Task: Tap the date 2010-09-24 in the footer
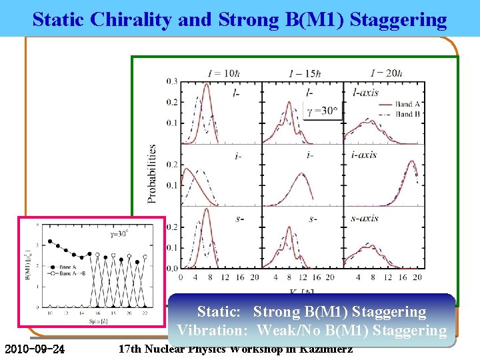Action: [x=35, y=349]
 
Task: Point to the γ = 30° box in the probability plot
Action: [x=323, y=111]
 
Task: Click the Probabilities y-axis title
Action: [x=153, y=173]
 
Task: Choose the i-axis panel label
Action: [x=364, y=155]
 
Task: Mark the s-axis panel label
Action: [x=365, y=218]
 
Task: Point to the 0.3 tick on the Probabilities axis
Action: [x=173, y=81]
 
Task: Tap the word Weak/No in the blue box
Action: [x=285, y=329]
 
